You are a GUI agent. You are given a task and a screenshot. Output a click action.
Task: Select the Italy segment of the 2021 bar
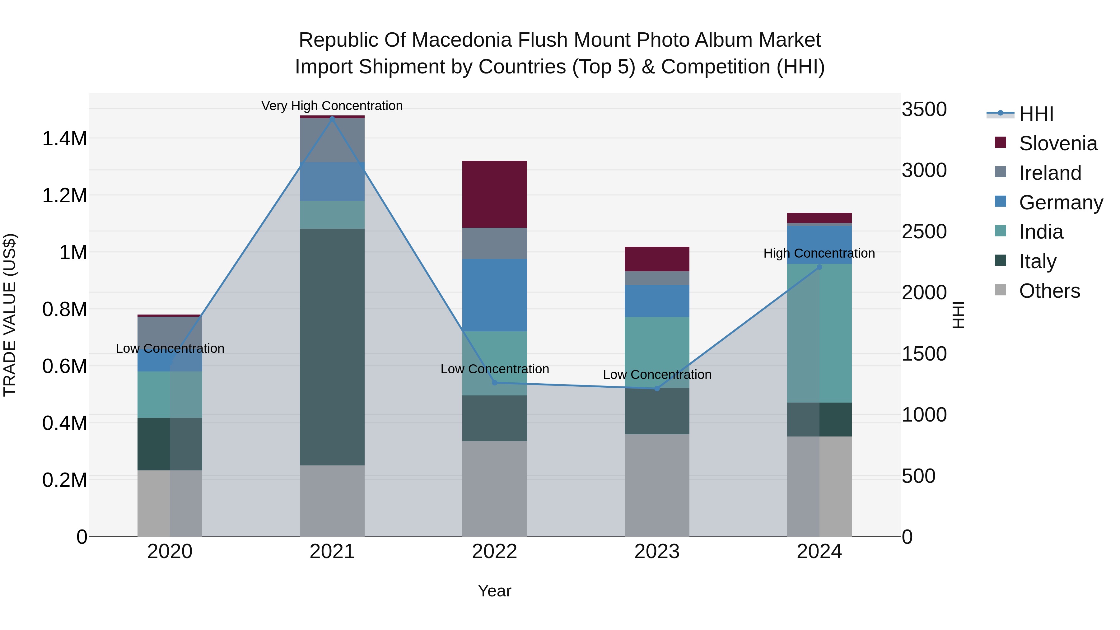[332, 347]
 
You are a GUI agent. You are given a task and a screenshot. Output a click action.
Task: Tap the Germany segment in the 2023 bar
[657, 301]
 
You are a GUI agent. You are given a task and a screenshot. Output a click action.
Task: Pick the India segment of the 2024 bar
[819, 333]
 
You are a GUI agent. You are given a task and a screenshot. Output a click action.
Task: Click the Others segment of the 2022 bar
[494, 489]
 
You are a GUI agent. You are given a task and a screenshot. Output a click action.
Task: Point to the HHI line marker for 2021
[332, 119]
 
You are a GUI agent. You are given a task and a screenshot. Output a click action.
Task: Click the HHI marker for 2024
[819, 267]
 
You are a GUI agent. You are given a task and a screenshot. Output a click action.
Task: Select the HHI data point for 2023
[657, 388]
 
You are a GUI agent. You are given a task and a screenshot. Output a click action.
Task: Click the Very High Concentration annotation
[332, 106]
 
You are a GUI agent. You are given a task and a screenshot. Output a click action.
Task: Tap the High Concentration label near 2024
[819, 253]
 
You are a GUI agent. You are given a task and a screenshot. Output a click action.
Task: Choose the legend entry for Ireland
[1050, 173]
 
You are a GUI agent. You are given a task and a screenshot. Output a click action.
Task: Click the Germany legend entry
[1061, 203]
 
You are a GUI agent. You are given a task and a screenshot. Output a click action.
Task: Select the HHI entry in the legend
[1036, 114]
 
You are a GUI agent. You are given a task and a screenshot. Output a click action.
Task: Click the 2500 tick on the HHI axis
[924, 231]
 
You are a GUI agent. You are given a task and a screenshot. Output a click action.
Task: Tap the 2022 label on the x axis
[494, 552]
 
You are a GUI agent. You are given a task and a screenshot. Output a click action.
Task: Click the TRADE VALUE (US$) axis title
[10, 315]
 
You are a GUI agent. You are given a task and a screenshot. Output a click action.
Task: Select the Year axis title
[494, 591]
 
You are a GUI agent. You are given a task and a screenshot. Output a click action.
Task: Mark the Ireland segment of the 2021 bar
[332, 140]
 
